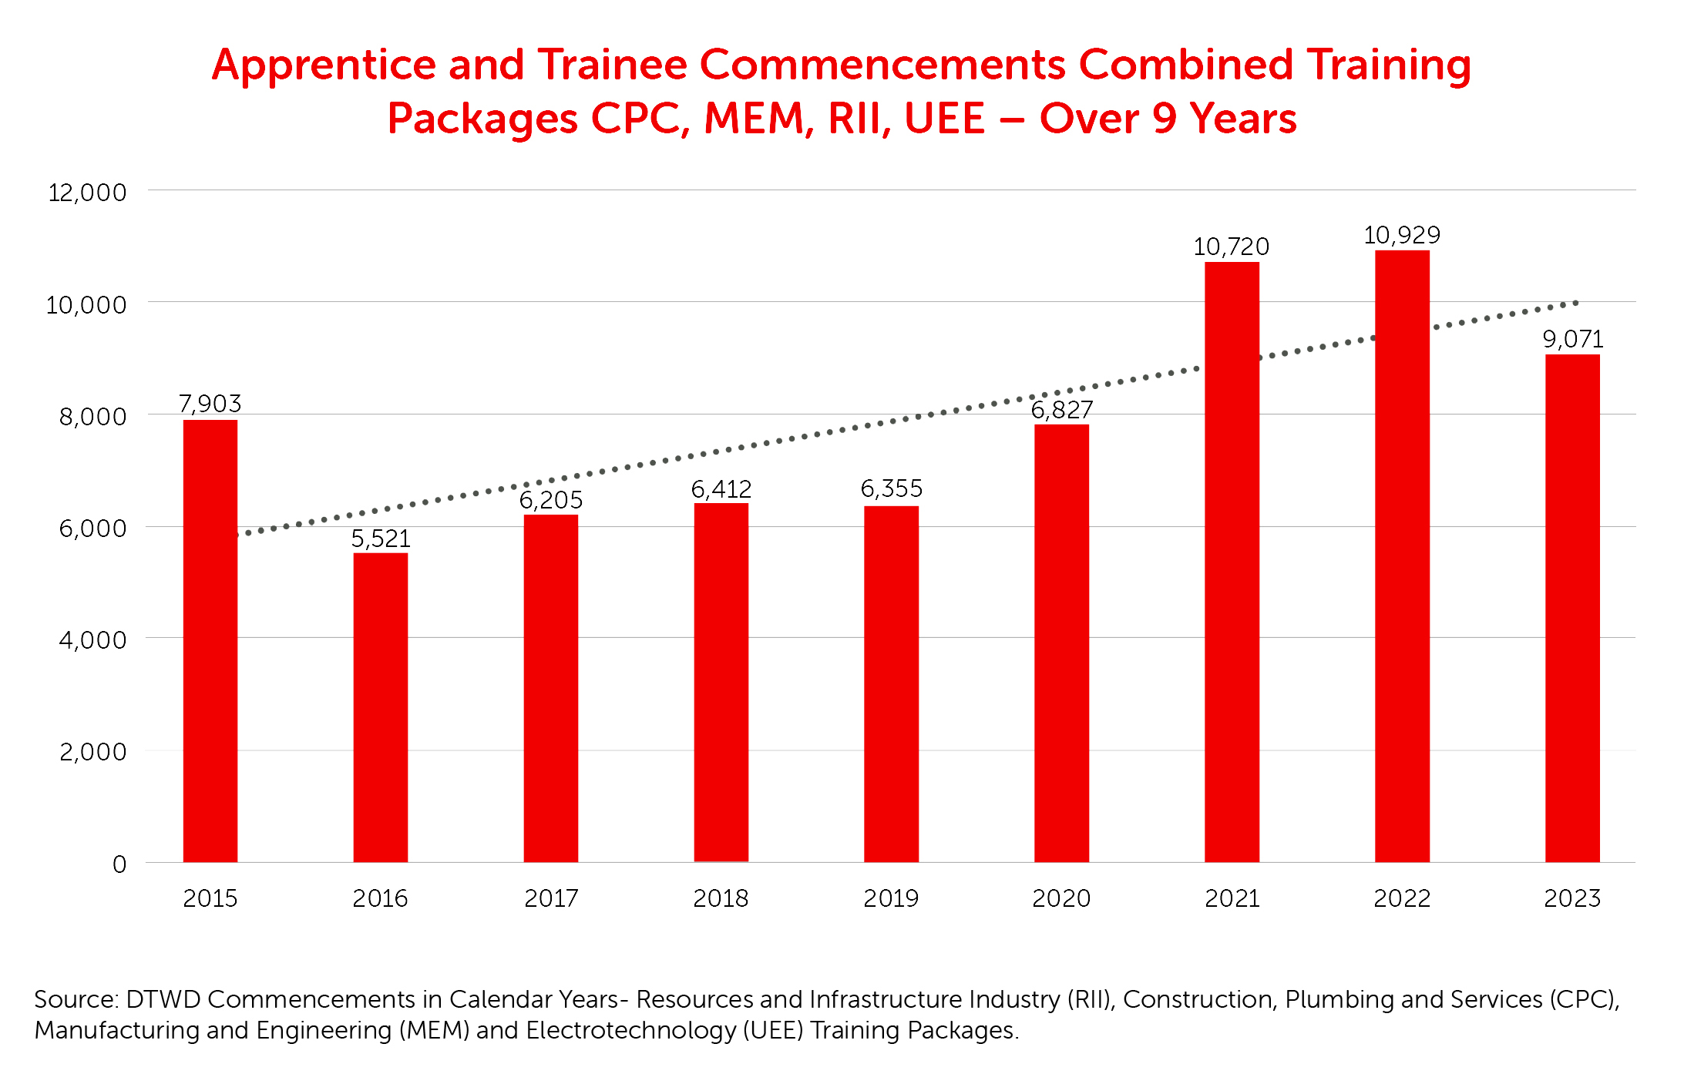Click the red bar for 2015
click(210, 639)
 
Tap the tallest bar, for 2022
click(1402, 555)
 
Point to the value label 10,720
click(1231, 247)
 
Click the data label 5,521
click(381, 538)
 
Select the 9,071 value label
click(1572, 339)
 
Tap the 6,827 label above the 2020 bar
click(1061, 410)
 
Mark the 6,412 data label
click(721, 488)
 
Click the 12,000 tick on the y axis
click(87, 192)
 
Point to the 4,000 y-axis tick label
click(92, 639)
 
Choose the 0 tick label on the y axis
click(119, 864)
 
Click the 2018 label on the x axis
click(721, 898)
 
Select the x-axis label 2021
click(1232, 898)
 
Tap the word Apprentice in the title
click(324, 65)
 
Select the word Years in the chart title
click(1242, 119)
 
